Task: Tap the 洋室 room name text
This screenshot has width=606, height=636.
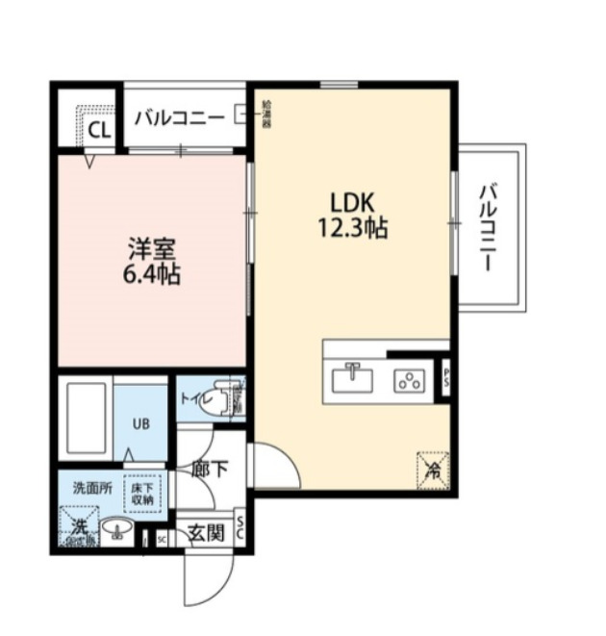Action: point(152,249)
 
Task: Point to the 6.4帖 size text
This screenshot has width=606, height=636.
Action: point(152,273)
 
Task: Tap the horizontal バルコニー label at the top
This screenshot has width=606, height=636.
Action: point(180,118)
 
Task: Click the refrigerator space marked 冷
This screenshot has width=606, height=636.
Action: point(434,471)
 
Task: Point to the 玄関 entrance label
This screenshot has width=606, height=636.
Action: point(205,532)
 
